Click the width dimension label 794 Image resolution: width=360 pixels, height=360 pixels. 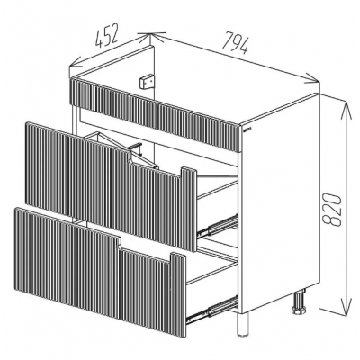tap(236, 42)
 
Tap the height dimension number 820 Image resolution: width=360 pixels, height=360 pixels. tap(332, 209)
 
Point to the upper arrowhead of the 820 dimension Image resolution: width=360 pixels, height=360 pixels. tap(346, 108)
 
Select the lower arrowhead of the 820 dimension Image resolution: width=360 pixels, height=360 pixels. tap(346, 309)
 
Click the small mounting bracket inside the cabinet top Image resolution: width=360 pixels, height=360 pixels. tap(147, 82)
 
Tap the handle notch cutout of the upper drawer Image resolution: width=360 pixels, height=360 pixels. tap(156, 162)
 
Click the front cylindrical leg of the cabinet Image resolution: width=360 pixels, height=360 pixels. tap(243, 324)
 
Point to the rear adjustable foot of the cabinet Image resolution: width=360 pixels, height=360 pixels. tap(299, 301)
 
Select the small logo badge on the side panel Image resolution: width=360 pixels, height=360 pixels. tap(247, 130)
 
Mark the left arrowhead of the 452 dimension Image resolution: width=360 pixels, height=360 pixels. tap(76, 62)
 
